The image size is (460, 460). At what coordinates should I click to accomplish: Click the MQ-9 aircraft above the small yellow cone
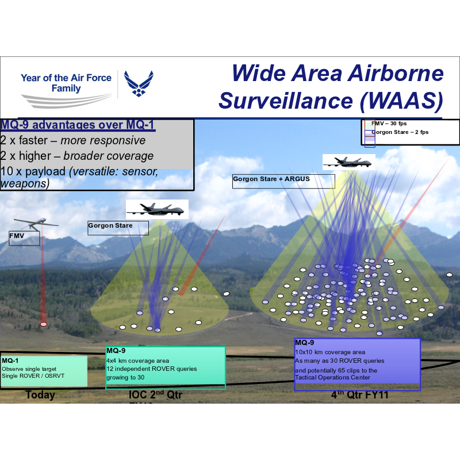coord(157,209)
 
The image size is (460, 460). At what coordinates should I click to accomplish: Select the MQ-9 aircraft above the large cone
coord(348,162)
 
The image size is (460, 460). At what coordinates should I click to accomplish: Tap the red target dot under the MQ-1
coord(43,324)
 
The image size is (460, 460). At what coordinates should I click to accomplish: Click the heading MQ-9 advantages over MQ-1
coord(78,125)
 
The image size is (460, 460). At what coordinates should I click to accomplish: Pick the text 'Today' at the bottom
coord(40,395)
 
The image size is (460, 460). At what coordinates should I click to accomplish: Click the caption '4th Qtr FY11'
coord(358,396)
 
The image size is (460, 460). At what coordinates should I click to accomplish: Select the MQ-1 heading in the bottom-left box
coord(10,361)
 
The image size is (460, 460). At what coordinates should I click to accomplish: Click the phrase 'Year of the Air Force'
coord(66,78)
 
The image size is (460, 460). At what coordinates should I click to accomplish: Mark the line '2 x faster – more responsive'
coord(73,141)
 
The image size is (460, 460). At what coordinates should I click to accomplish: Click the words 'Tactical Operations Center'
coord(332,378)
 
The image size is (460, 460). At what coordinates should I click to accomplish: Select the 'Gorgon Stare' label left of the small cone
coord(110,226)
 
